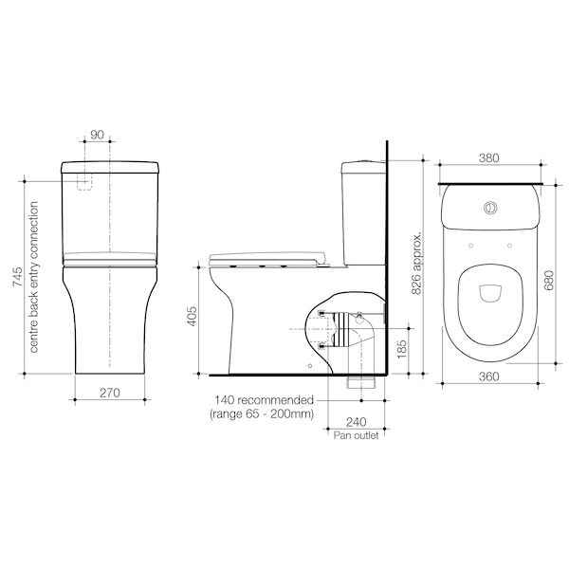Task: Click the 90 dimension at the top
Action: coord(97,135)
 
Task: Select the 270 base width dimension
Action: coord(110,393)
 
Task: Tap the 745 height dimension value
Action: coord(17,277)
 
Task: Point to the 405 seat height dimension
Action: coord(192,317)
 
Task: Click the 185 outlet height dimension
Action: coord(402,349)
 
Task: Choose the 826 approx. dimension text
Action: coord(416,262)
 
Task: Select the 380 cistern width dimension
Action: coord(488,158)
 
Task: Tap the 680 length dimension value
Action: coord(549,280)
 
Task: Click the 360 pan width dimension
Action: coord(488,376)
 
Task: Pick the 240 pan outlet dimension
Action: coord(356,422)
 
